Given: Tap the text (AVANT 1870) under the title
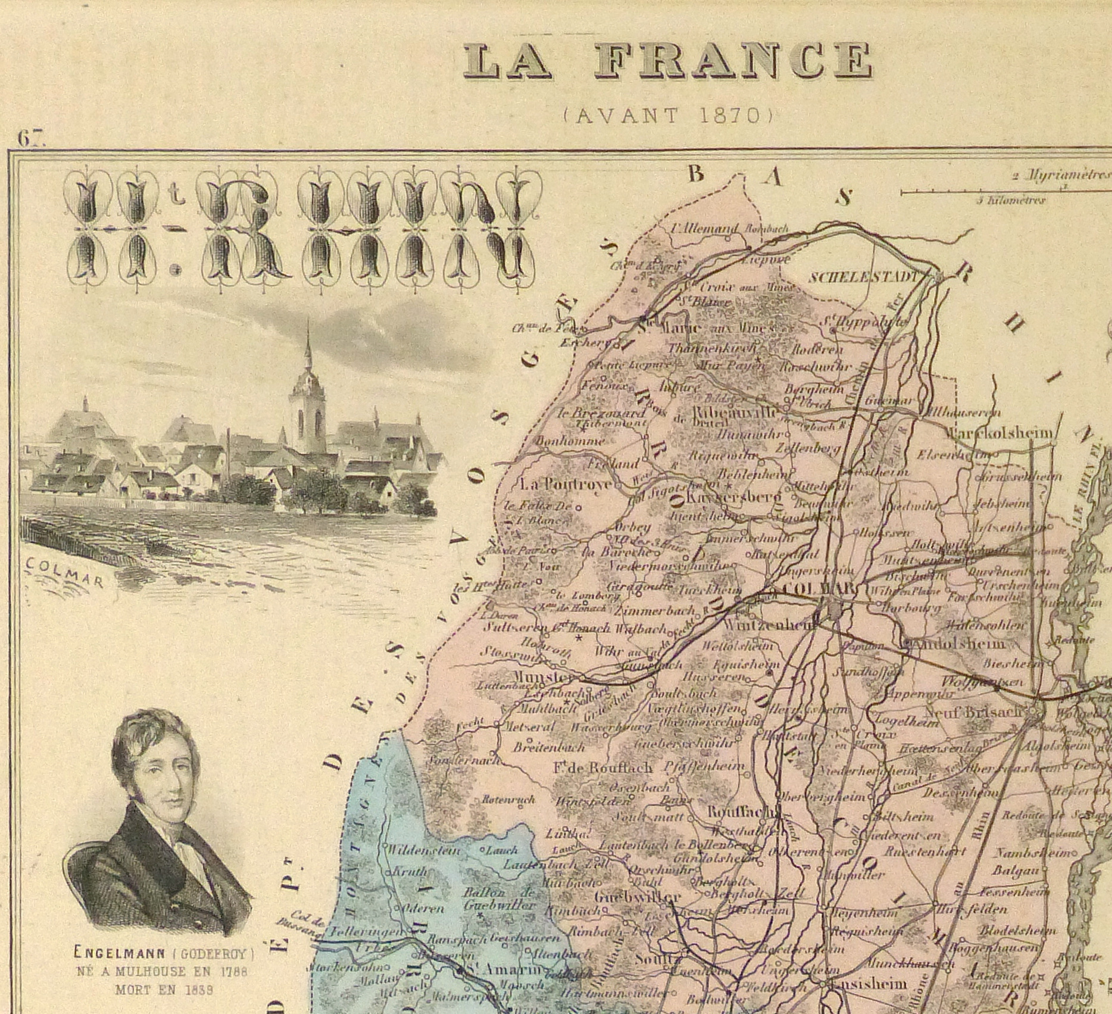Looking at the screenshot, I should pos(667,114).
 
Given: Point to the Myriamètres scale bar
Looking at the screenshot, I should pos(1006,192).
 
